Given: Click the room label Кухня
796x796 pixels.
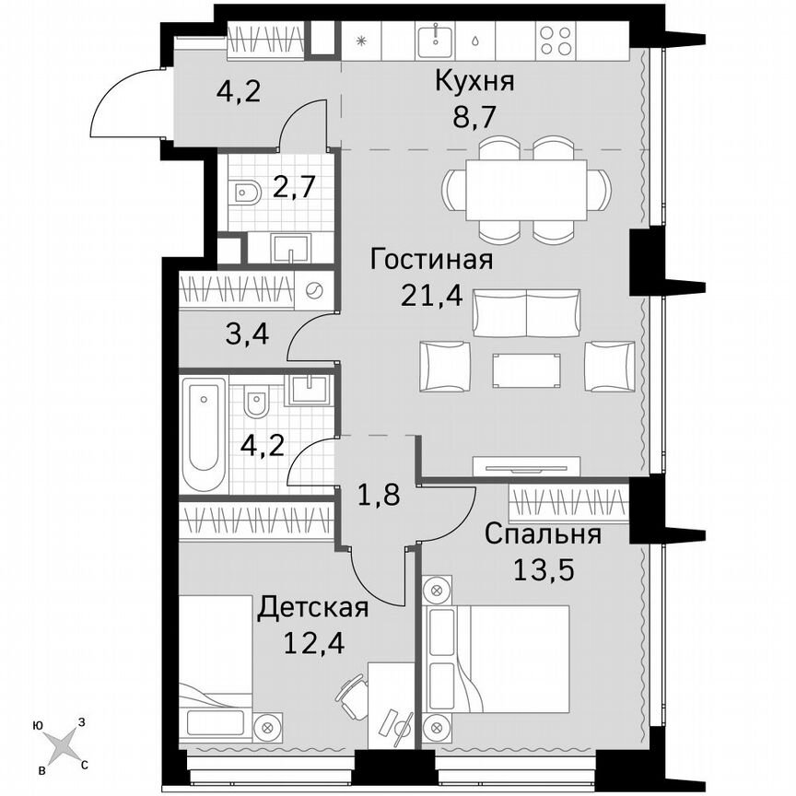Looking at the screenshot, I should click(x=474, y=82).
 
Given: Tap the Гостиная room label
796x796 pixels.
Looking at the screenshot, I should click(x=431, y=260).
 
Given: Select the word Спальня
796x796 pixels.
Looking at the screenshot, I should click(x=543, y=534).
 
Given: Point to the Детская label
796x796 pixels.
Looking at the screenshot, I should click(x=313, y=607).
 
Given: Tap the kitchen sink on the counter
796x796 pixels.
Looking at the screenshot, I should click(x=431, y=40).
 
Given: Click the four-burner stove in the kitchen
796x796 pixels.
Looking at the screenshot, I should click(x=555, y=40).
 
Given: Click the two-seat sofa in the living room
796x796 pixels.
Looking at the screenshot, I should click(x=526, y=313).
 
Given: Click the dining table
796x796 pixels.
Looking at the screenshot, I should click(x=527, y=189).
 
